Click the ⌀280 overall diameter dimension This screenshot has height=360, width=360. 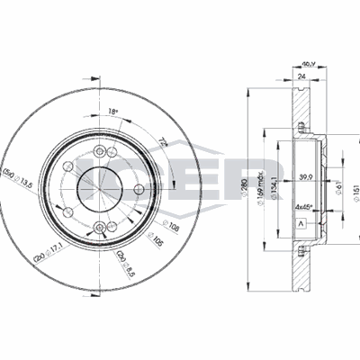pyautogui.click(x=244, y=186)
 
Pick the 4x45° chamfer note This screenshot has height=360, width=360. pyautogui.click(x=305, y=206)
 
